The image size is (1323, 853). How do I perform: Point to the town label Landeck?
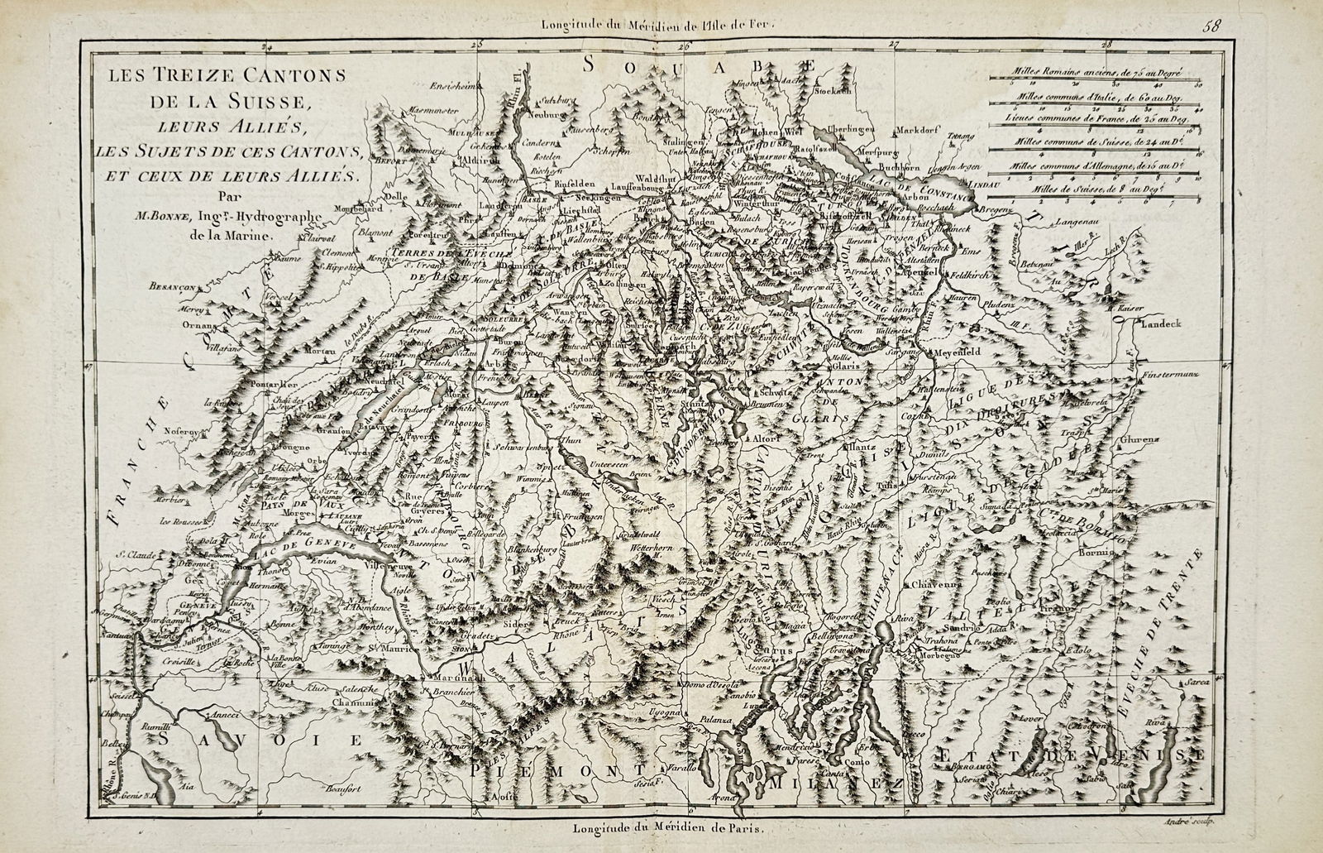click(1161, 323)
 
